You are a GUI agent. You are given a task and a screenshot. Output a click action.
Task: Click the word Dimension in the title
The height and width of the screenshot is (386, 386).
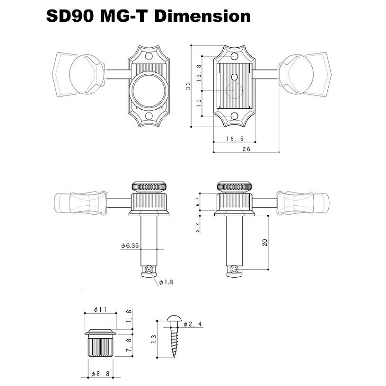click(202, 16)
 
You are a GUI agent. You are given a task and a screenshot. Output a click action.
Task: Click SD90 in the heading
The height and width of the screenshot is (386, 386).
click(71, 16)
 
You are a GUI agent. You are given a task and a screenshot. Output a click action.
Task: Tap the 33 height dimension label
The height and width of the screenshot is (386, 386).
click(188, 86)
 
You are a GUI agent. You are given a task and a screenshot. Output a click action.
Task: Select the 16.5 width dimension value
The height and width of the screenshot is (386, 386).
click(234, 139)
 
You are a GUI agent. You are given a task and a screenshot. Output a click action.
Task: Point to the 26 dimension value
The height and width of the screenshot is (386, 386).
click(246, 149)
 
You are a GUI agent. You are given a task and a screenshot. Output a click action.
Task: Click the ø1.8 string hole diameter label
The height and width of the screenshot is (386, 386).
click(166, 282)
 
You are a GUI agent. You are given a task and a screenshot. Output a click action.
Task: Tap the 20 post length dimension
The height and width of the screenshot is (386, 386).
click(265, 242)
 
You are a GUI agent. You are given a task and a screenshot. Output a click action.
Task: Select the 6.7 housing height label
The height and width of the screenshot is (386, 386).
click(198, 202)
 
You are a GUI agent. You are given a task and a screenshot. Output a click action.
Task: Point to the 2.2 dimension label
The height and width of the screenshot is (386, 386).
click(198, 227)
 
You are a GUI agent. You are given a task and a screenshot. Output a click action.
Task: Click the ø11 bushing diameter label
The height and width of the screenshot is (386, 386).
click(100, 309)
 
